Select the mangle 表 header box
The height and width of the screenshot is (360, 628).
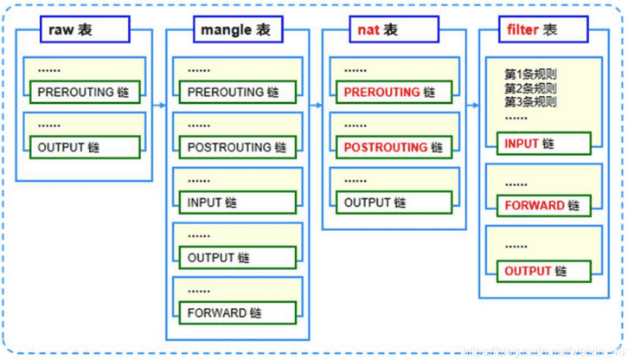[235, 30]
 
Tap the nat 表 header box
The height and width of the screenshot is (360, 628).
[377, 30]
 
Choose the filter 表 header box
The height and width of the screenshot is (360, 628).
[531, 30]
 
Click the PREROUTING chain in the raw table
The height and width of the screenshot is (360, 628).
[85, 91]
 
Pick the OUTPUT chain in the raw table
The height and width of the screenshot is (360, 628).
[85, 147]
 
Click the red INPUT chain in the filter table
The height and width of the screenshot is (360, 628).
[543, 143]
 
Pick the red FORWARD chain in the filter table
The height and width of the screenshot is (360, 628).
[543, 206]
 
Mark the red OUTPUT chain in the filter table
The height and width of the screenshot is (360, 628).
[543, 270]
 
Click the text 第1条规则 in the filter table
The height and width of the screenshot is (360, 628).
[530, 74]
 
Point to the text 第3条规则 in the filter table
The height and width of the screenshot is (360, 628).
[530, 101]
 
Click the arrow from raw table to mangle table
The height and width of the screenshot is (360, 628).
[159, 104]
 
